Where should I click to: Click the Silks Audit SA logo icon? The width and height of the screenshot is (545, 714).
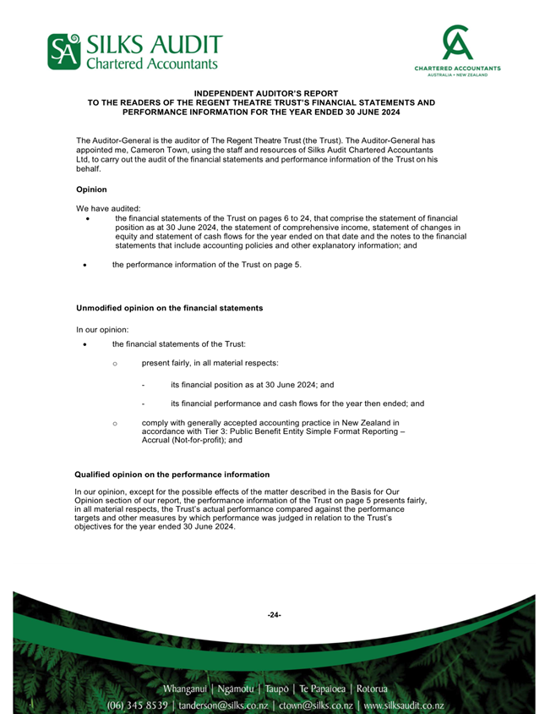point(61,52)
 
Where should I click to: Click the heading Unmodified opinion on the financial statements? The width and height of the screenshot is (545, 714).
point(169,308)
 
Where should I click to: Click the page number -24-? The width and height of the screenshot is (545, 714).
point(274,615)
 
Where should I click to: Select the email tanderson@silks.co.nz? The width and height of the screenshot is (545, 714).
point(222,705)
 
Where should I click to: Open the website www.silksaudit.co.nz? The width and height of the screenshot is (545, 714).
point(404,705)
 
